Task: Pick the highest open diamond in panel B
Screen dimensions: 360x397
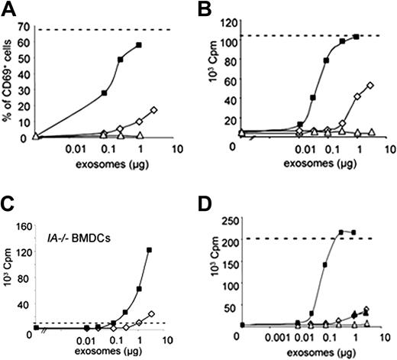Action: tap(370, 86)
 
